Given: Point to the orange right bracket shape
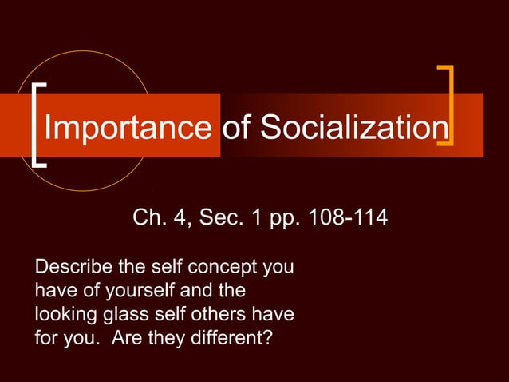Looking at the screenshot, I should tap(448, 106).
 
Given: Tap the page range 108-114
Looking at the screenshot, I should tap(345, 218).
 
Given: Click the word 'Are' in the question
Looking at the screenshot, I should tap(128, 336).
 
